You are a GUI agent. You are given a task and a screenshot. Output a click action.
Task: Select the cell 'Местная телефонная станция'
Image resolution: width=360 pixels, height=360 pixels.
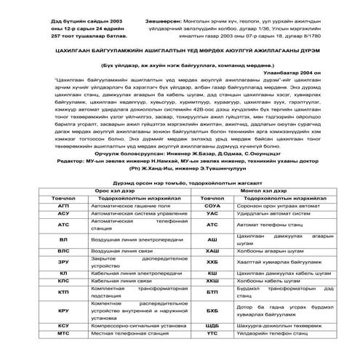[124, 333]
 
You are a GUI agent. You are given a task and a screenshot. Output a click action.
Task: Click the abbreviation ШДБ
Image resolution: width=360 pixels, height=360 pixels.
[212, 325]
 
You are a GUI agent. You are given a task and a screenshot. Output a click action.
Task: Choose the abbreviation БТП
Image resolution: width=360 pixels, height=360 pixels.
[212, 292]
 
